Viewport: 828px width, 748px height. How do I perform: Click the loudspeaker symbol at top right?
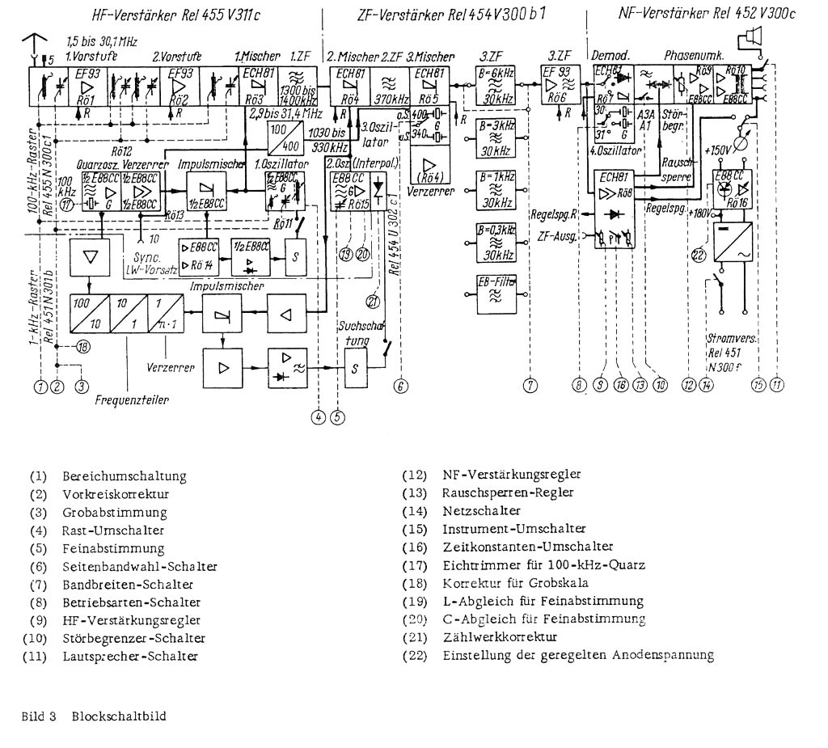click(x=751, y=36)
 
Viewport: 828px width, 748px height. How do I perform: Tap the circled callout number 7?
click(x=530, y=386)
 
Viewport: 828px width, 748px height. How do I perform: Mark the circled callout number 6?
click(x=400, y=386)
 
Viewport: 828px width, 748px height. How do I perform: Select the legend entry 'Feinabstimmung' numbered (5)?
click(x=113, y=549)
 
